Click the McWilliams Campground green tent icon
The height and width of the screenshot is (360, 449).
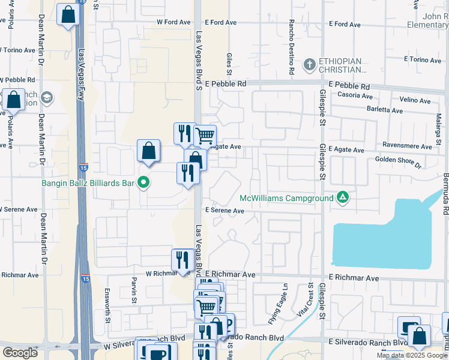pos(342,197)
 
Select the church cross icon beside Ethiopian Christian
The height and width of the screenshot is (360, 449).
pos(309,64)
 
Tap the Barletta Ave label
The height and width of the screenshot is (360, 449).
pos(384,110)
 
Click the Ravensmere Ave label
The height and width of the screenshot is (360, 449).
pos(411,146)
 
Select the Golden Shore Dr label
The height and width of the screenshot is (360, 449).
pos(399,160)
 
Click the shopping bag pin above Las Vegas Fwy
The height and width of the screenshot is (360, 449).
pos(68,15)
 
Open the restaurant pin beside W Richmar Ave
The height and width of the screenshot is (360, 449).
pos(182,260)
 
